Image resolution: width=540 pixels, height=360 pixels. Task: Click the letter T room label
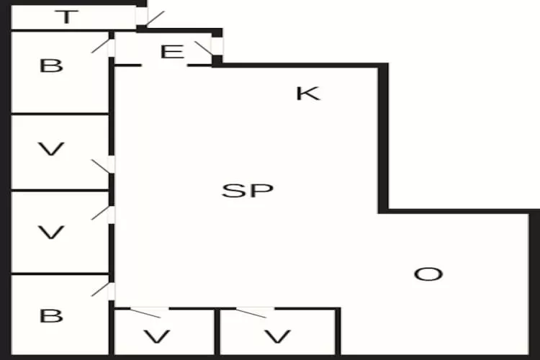66,17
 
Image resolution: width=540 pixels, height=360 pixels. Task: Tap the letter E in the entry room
172,52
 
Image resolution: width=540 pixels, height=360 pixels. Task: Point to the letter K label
308,94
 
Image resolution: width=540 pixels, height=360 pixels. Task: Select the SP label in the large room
248,191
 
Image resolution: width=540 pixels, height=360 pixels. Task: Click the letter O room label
428,274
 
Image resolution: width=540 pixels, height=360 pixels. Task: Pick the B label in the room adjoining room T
51,66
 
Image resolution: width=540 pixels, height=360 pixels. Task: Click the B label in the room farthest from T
51,315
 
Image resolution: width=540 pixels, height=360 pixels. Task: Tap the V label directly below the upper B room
51,149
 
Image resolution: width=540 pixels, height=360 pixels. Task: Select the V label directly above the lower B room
51,232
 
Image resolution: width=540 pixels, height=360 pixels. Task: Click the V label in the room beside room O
278,336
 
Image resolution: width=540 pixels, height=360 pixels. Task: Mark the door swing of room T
155,18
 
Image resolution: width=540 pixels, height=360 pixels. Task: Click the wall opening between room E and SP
164,65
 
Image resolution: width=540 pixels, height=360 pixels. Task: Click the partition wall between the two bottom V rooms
217,332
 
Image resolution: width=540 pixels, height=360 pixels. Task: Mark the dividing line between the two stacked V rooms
60,190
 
